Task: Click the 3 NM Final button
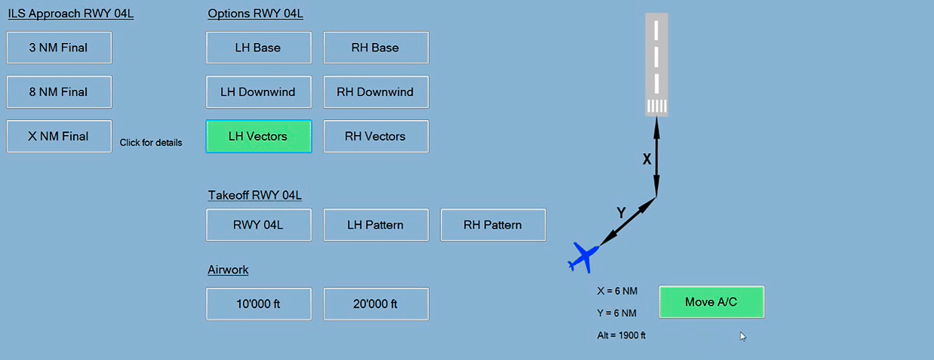(59, 48)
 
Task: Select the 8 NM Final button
(59, 92)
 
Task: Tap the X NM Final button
(59, 137)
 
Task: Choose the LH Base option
(258, 48)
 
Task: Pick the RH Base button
(376, 48)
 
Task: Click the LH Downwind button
(258, 92)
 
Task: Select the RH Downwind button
(376, 92)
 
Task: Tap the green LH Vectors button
(258, 137)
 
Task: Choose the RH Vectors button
(376, 137)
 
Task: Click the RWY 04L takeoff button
(258, 225)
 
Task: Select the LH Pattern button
(376, 225)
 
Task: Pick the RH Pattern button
(493, 225)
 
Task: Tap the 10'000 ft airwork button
(258, 304)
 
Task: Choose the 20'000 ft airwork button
(376, 304)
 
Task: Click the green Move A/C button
(711, 302)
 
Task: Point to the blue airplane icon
(582, 257)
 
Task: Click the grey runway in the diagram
(656, 64)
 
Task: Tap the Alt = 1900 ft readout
(621, 336)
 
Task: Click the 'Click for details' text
(151, 143)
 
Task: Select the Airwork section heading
(228, 270)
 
